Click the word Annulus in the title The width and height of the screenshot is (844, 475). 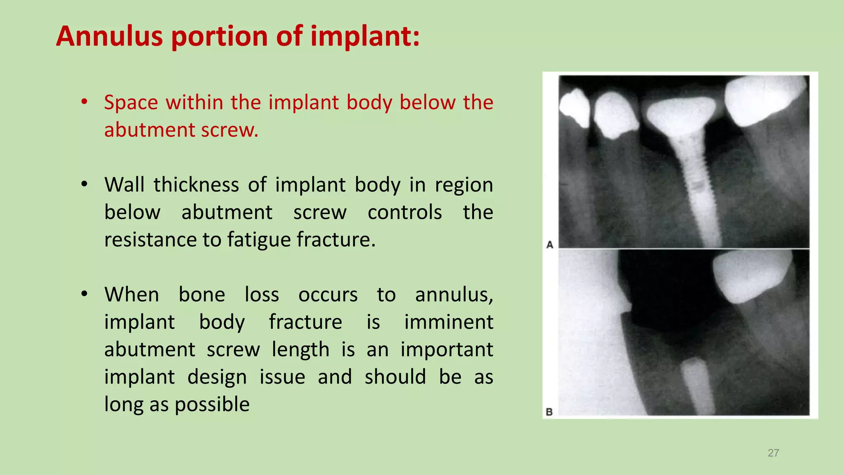pyautogui.click(x=109, y=36)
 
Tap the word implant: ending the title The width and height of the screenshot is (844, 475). pyautogui.click(x=365, y=36)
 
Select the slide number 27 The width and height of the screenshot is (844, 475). pyautogui.click(x=773, y=453)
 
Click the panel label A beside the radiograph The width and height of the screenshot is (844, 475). pyautogui.click(x=550, y=245)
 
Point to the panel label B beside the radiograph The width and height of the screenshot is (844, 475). pyautogui.click(x=549, y=412)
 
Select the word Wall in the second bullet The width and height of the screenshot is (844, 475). pyautogui.click(x=124, y=185)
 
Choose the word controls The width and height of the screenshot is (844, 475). pyautogui.click(x=405, y=212)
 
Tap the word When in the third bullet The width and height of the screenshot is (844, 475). pyautogui.click(x=131, y=295)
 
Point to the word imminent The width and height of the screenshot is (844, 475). pyautogui.click(x=448, y=322)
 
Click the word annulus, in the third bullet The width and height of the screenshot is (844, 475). pyautogui.click(x=454, y=295)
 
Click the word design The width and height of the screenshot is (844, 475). pyautogui.click(x=217, y=377)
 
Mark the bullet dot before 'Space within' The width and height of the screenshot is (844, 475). pyautogui.click(x=84, y=102)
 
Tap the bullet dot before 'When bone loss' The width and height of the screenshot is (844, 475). pyautogui.click(x=84, y=294)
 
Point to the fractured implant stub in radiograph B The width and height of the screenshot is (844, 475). pyautogui.click(x=697, y=386)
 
